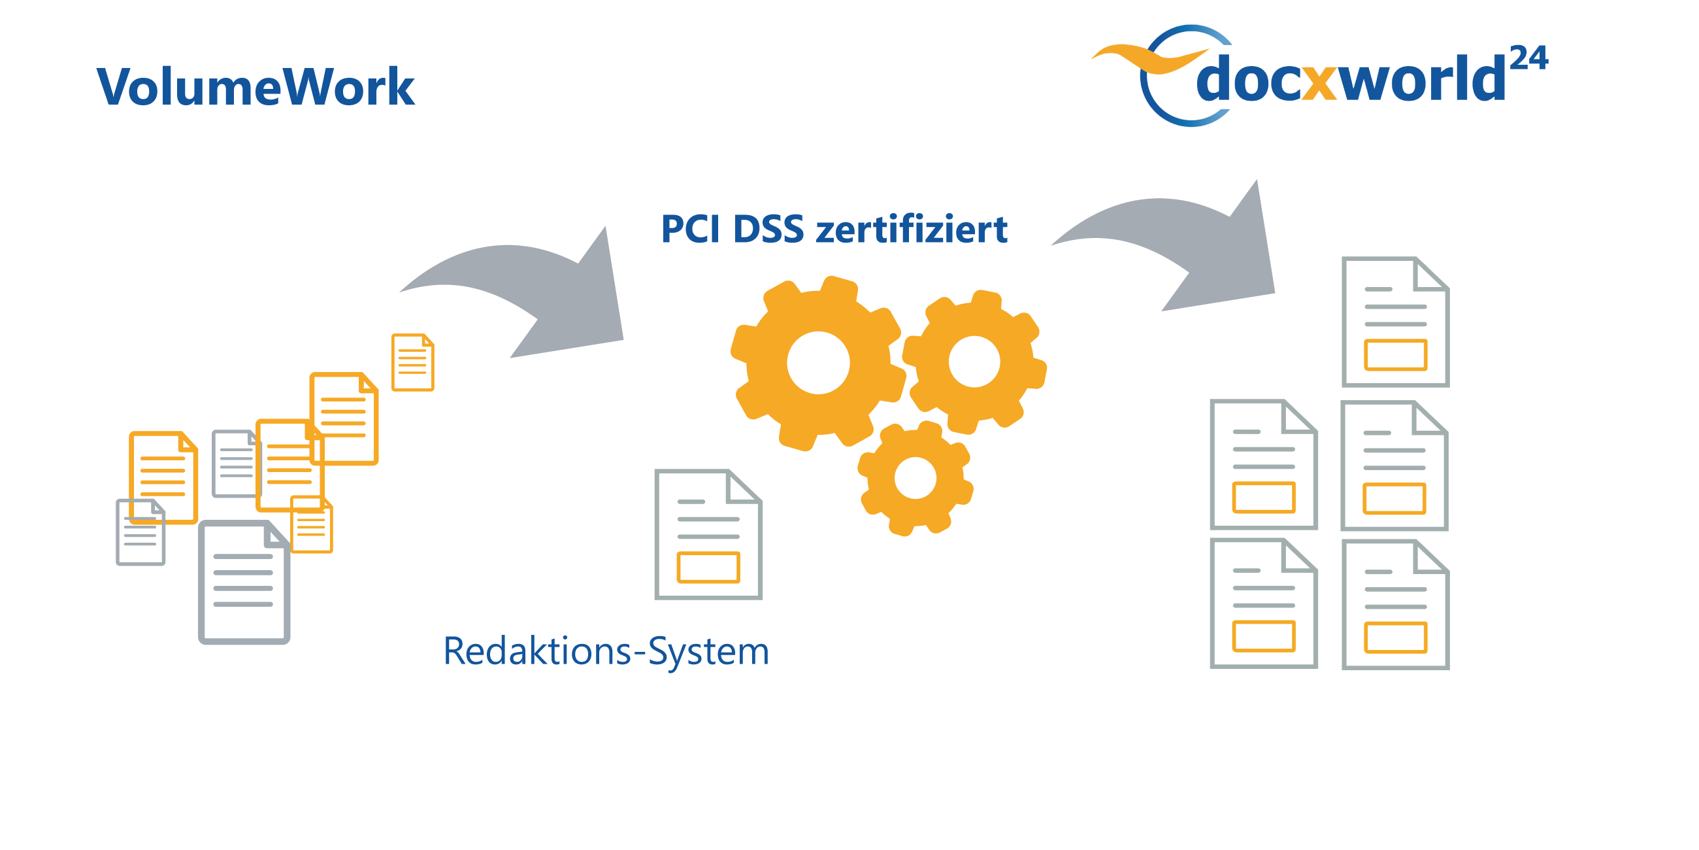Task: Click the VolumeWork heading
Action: [256, 86]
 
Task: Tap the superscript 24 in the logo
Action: [1528, 59]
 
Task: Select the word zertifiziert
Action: [912, 229]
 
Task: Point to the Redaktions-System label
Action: [606, 651]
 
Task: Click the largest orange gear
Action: [818, 363]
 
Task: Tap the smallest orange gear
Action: [915, 478]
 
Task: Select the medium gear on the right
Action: [974, 362]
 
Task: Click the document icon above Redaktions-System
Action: [708, 534]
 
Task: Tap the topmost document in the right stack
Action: [1395, 322]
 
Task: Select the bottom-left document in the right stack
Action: [1263, 603]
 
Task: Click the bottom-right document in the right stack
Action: [1395, 605]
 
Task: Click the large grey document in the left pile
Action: [243, 582]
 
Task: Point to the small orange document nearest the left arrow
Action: [412, 362]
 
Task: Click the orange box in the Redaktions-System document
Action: [708, 568]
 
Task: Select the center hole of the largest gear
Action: [818, 362]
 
